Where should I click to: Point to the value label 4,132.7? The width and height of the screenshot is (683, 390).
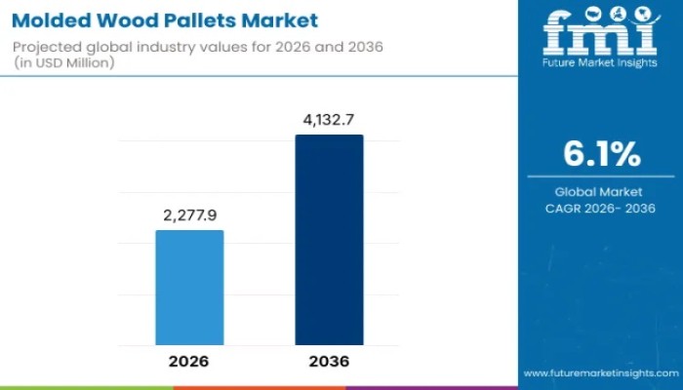[x=330, y=119]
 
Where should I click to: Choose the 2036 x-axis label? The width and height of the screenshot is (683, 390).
[x=330, y=360]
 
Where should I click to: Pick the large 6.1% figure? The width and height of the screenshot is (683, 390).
[x=601, y=153]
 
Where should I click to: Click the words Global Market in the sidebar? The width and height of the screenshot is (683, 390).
[x=601, y=192]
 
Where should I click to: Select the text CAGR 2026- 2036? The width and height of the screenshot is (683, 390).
[x=601, y=208]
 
